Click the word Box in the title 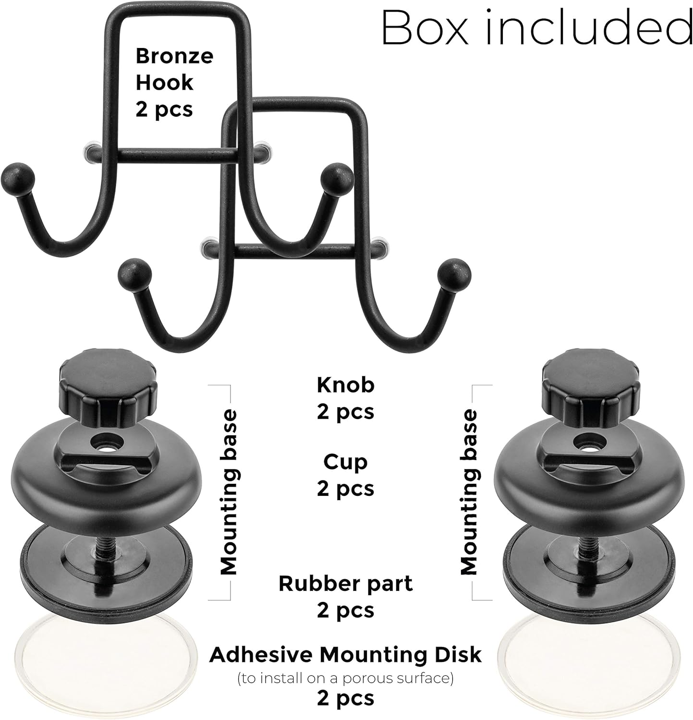coord(424,30)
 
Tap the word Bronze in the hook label coord(174,56)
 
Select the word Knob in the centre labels coord(345,384)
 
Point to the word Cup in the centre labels coord(345,462)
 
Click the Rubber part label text coord(345,584)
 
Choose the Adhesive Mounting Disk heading coord(345,654)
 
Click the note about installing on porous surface coord(345,678)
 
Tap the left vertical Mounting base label coord(229,492)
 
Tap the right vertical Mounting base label coord(469,492)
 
